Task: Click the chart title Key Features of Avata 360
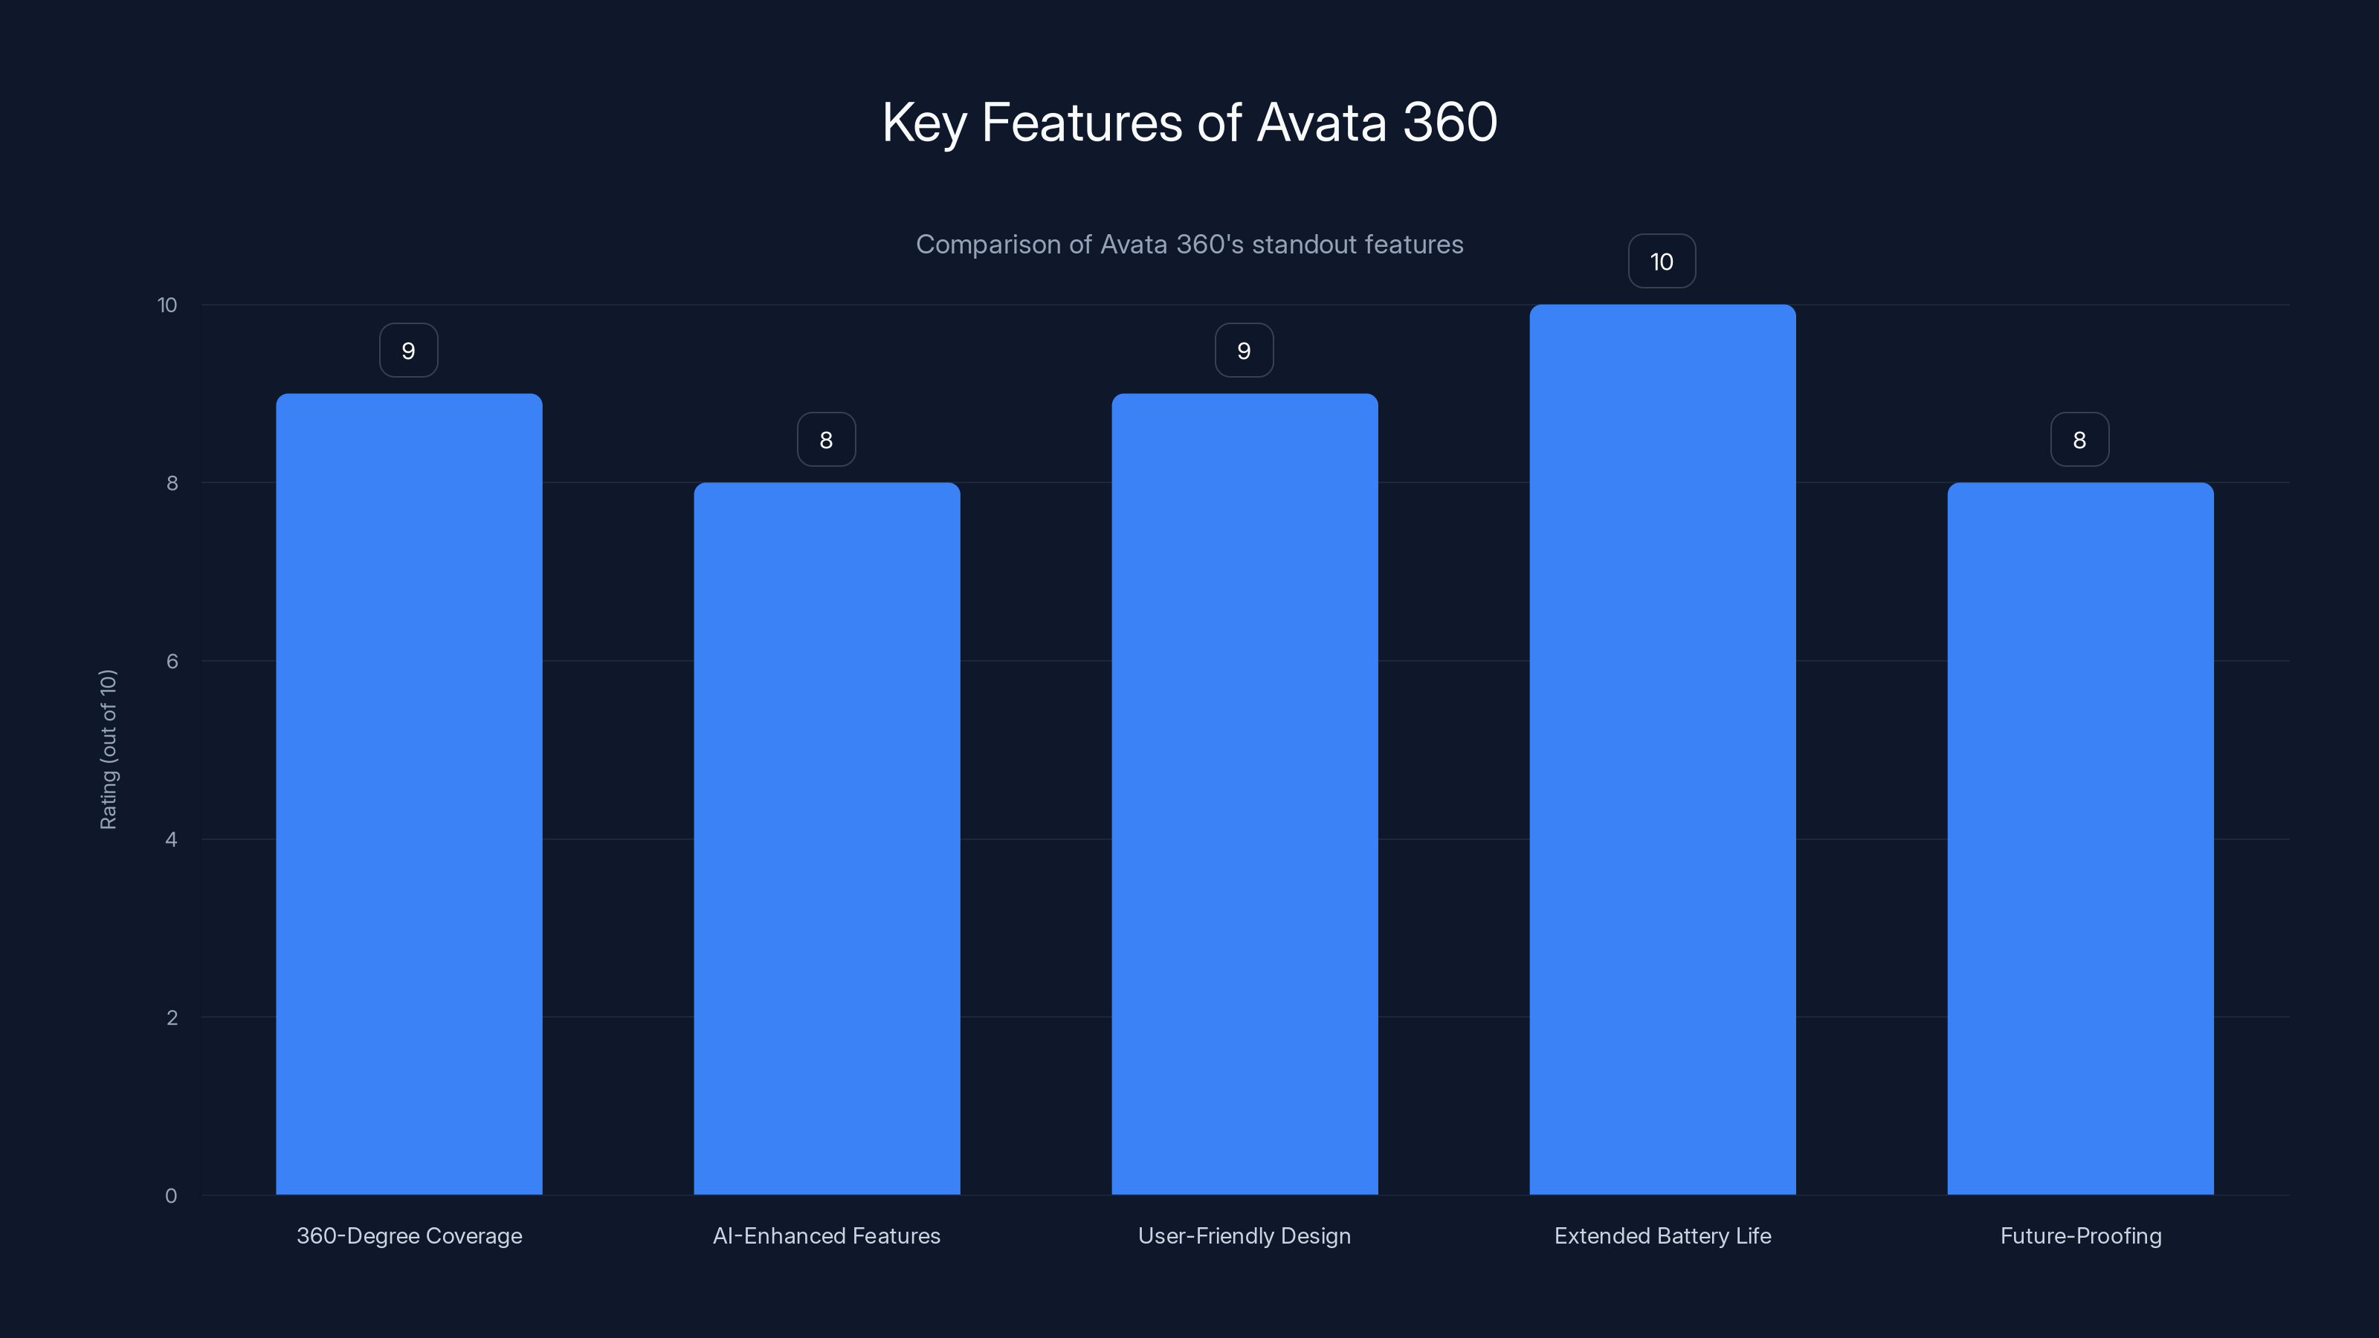[x=1189, y=123]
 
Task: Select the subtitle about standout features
[x=1189, y=245]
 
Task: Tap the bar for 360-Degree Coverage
[x=409, y=794]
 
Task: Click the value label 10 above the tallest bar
[x=1662, y=262]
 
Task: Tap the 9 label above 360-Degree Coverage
[x=408, y=351]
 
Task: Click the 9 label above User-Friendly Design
[x=1244, y=351]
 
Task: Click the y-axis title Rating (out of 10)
[x=108, y=750]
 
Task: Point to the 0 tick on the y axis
[x=171, y=1196]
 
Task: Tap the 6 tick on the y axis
[x=172, y=661]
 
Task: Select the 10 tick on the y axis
[x=167, y=306]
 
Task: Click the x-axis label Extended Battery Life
[x=1662, y=1236]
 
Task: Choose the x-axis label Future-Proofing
[x=2081, y=1236]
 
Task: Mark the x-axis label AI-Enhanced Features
[x=827, y=1236]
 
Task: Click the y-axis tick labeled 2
[x=172, y=1018]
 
